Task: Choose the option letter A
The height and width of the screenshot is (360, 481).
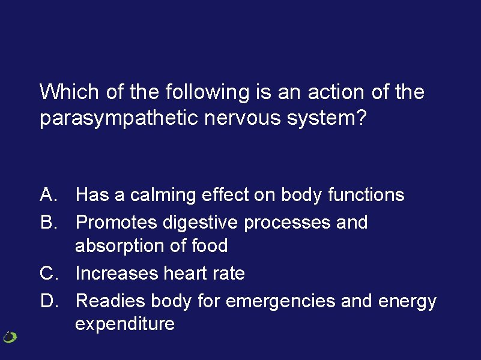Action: pos(47,195)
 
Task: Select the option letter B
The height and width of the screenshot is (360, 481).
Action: pos(47,223)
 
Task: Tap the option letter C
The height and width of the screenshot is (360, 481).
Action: pos(48,274)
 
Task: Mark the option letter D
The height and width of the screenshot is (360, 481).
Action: pos(48,301)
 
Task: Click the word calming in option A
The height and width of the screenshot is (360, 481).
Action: pos(163,195)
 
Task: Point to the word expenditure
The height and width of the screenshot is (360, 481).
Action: pos(125,325)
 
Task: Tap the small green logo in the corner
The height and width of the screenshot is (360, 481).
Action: pos(10,337)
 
